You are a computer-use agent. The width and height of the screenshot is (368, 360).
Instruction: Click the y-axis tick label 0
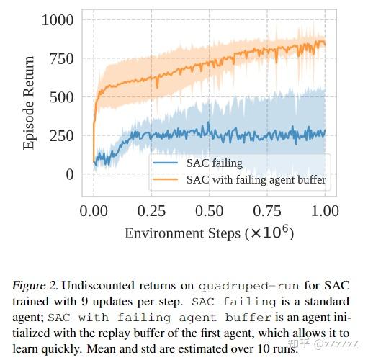pos(69,174)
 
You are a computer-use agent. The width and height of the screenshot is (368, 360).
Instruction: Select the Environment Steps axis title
pos(209,233)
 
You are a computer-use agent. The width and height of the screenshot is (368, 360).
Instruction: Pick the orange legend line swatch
pos(167,180)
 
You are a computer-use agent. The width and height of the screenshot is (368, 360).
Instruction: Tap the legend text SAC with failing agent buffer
pos(256,180)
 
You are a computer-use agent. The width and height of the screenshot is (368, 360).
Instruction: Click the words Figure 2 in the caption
pos(34,285)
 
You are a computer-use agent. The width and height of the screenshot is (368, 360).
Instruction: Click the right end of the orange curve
pos(325,45)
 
